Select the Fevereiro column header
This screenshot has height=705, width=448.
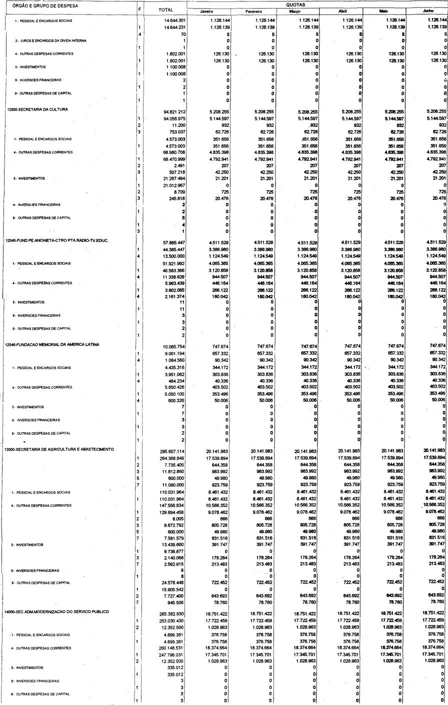(254, 11)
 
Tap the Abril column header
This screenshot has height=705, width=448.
(342, 11)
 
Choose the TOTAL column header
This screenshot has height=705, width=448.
(165, 10)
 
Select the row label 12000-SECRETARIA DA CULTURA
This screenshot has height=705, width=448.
(37, 108)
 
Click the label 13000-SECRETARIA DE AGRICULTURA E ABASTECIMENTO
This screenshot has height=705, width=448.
(60, 449)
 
